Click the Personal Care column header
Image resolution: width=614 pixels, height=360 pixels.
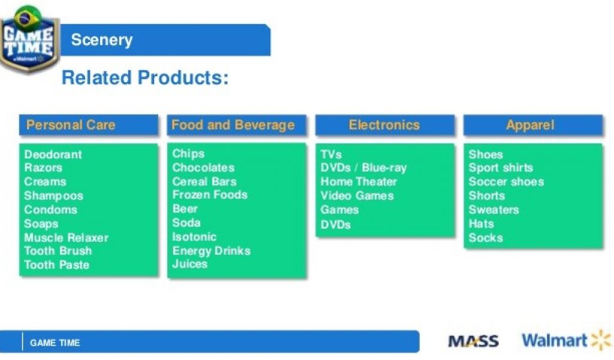(89, 125)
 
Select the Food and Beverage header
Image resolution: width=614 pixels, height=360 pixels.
(236, 125)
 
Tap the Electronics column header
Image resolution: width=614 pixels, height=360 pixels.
(385, 125)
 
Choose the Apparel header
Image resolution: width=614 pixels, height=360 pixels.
(533, 125)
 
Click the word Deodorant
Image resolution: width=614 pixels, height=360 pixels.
(53, 154)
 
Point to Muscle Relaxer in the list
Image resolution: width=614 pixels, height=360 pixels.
(66, 238)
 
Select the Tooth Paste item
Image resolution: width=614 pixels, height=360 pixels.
(57, 265)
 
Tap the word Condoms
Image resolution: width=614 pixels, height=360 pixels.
(50, 209)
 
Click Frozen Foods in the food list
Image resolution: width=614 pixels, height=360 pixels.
(210, 194)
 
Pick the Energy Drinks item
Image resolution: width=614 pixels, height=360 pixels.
(212, 251)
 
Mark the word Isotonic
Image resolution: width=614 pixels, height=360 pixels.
(194, 237)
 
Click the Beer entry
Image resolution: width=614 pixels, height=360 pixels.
(185, 209)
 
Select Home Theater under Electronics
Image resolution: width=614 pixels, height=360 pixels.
(359, 182)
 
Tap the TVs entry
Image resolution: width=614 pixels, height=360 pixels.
(331, 154)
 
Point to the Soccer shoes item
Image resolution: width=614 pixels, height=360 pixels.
(506, 182)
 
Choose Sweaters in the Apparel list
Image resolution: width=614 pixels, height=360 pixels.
(494, 209)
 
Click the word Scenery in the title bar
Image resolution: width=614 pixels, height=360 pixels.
(102, 40)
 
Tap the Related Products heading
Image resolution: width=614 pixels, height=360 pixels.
(145, 77)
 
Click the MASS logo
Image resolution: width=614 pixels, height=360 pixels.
(474, 341)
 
